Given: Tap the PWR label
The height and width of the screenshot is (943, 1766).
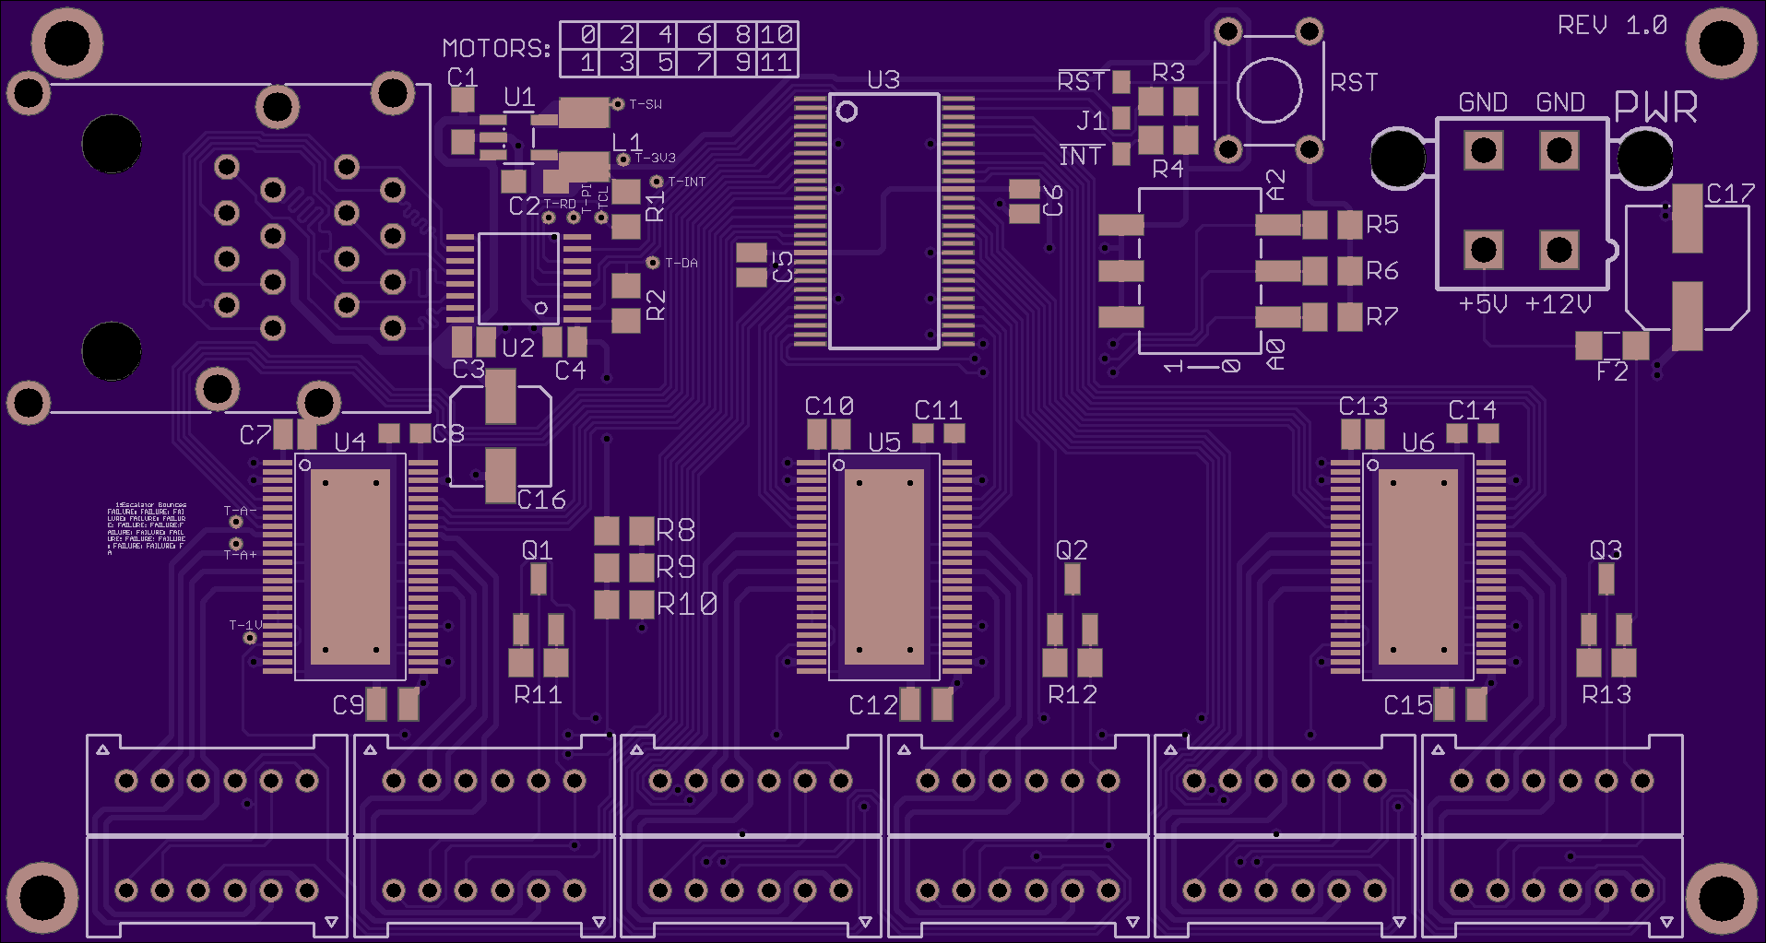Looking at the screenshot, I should (1656, 108).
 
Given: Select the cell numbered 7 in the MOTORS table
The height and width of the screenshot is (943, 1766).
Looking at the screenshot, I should (704, 63).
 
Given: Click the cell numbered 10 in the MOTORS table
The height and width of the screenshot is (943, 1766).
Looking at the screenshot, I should (777, 35).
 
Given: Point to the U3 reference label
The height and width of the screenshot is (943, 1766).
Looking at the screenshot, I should (883, 80).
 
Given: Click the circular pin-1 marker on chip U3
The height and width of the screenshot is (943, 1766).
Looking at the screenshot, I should (847, 112).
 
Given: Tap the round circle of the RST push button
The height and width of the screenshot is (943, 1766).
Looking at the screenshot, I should (1269, 90).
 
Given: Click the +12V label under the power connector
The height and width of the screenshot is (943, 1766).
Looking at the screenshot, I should (1558, 304).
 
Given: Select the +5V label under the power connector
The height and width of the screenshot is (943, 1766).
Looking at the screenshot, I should (1483, 304).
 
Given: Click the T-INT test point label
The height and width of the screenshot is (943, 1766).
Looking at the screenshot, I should (686, 183).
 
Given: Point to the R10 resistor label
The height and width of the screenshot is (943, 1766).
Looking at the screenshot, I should (687, 605).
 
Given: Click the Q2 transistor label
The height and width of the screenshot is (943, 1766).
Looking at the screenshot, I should (1072, 550).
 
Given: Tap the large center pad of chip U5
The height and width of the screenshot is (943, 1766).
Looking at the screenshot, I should (883, 566).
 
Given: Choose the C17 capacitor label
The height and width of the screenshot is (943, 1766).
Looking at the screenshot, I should (1730, 194).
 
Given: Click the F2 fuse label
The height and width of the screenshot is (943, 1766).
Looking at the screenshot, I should (1612, 371).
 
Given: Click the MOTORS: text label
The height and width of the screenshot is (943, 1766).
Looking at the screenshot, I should (496, 49).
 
